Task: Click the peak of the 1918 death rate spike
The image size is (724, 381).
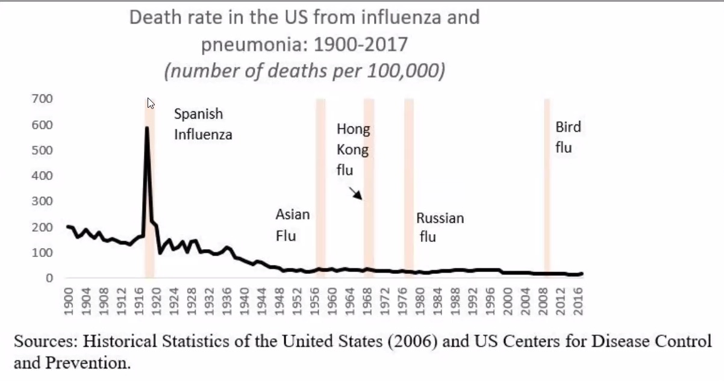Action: [x=146, y=128]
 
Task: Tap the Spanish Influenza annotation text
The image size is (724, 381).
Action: [x=202, y=123]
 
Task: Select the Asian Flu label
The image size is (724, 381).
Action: [x=292, y=225]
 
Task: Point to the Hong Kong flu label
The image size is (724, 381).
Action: [x=353, y=149]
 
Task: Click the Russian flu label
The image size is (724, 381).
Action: [x=440, y=226]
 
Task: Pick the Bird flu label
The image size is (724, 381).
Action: [x=567, y=137]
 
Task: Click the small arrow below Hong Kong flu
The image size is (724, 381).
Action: [x=355, y=193]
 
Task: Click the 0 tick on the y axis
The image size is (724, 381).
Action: [x=51, y=278]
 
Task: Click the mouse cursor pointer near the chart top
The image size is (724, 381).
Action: [x=151, y=104]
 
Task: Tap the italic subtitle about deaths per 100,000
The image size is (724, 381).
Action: [x=304, y=71]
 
